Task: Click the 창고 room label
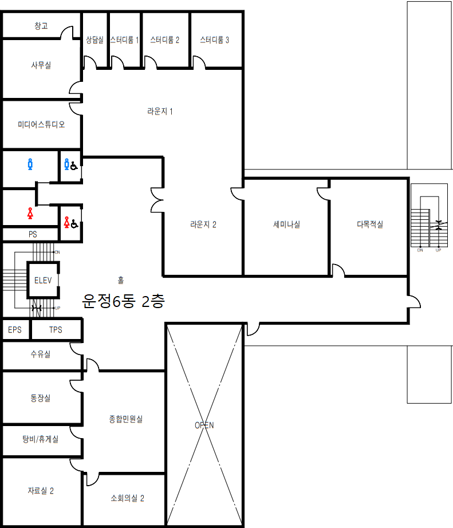click(x=41, y=26)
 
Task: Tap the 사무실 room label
click(x=41, y=65)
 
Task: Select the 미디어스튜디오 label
click(x=41, y=124)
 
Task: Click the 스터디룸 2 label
click(x=165, y=40)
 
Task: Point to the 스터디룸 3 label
click(x=215, y=40)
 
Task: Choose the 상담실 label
click(x=94, y=40)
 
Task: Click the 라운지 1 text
click(x=160, y=111)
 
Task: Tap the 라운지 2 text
click(x=203, y=224)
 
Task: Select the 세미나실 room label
click(x=287, y=224)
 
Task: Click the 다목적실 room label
click(x=370, y=224)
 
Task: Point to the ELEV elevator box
click(x=43, y=281)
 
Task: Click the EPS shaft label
click(x=15, y=330)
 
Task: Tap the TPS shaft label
click(x=56, y=330)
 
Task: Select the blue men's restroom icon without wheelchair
click(x=30, y=164)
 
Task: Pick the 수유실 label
click(x=41, y=354)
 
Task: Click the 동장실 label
click(x=41, y=397)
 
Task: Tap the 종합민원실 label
click(x=126, y=419)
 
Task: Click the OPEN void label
click(x=204, y=425)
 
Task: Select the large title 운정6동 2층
click(x=124, y=301)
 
